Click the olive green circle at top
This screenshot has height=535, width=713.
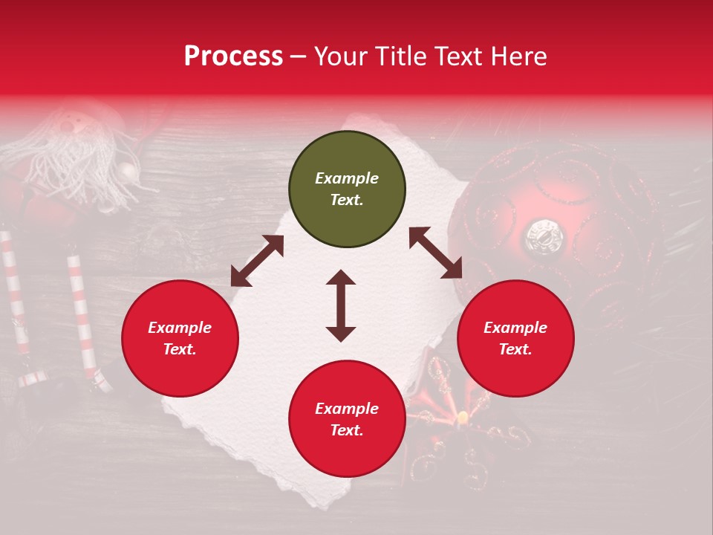[x=347, y=189]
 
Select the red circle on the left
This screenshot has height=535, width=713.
[x=180, y=339]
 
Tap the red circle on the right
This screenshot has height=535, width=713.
[x=515, y=339]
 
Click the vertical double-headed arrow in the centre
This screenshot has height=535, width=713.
[x=341, y=305]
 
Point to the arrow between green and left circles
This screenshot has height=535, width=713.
[x=257, y=261]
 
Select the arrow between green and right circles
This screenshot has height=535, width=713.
[x=435, y=253]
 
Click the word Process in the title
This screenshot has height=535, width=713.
[x=233, y=56]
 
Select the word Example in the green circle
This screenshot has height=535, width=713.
[x=347, y=178]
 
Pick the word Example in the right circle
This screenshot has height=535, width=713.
[x=515, y=328]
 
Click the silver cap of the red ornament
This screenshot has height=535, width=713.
[x=544, y=236]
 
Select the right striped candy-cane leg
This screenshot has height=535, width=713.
[x=85, y=320]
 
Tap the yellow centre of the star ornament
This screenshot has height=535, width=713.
[x=463, y=417]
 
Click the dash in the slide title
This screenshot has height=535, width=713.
[x=298, y=56]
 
